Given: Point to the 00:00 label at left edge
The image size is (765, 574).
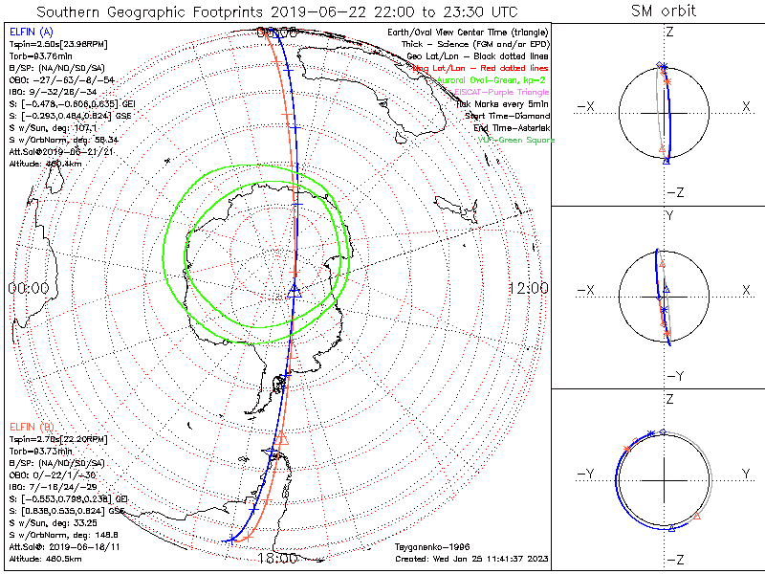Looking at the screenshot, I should (x=28, y=288).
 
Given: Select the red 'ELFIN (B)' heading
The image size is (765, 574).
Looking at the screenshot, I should (x=29, y=426).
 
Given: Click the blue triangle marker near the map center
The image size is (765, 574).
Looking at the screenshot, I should (x=295, y=291).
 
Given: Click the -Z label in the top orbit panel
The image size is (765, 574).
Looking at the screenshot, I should (x=672, y=192).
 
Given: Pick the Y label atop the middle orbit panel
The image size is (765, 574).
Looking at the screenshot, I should (x=669, y=216).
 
